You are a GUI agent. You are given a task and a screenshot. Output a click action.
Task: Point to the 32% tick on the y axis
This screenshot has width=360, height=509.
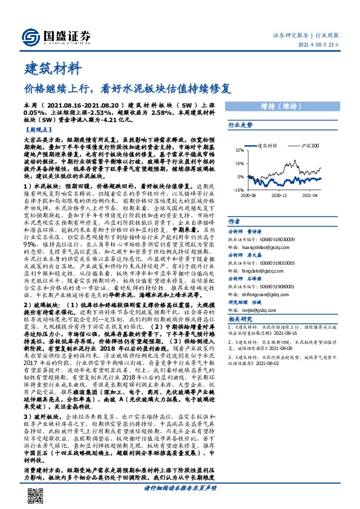(x=239, y=150)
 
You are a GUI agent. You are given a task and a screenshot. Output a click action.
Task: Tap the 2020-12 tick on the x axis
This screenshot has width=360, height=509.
(x=279, y=195)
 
